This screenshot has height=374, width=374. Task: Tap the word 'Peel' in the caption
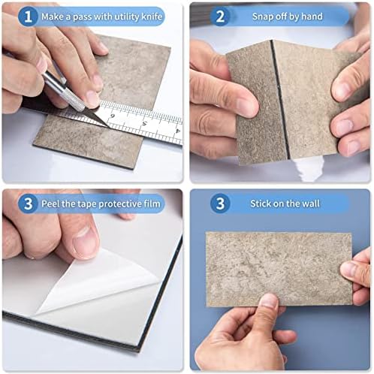click(55, 204)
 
